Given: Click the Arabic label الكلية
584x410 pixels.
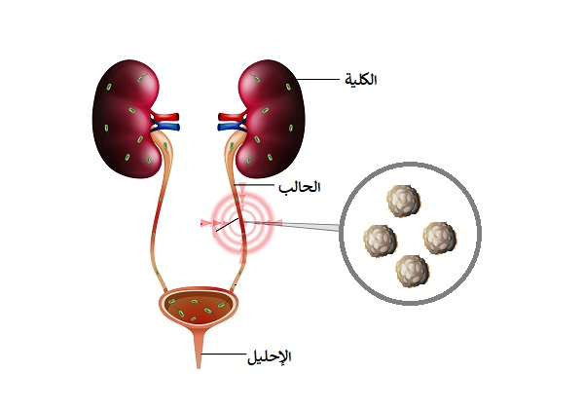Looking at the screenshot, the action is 361,80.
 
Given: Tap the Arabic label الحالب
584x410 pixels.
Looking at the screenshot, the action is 300,186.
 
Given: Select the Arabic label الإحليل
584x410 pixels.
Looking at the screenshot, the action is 270,357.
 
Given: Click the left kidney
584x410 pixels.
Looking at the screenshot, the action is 126,119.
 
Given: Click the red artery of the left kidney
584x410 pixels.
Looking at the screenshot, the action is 165,117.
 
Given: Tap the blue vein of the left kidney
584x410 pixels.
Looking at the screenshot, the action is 166,128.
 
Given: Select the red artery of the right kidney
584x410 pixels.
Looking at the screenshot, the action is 232,117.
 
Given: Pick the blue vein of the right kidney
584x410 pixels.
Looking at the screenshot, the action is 232,128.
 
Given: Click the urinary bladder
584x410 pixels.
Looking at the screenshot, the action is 199,307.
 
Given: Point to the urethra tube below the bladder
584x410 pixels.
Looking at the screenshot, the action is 199,349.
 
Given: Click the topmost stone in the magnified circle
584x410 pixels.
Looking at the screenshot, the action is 403,201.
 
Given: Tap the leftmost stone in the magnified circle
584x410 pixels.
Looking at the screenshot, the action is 380,241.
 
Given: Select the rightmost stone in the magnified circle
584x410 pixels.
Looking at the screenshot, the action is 440,238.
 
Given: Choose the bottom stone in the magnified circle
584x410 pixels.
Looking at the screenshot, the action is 412,271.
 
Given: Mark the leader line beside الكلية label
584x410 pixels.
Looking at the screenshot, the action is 318,80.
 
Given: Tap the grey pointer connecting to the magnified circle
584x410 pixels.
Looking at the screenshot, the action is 297,225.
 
